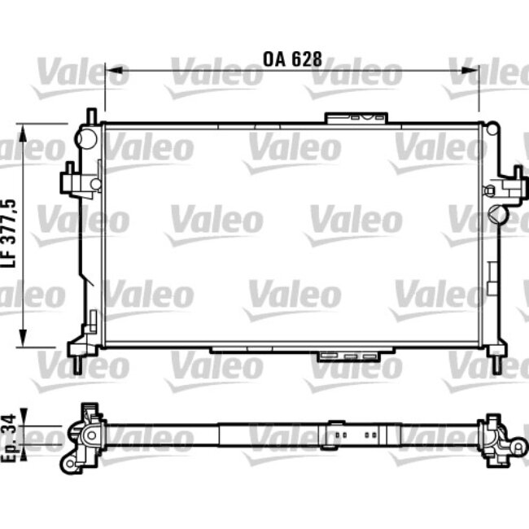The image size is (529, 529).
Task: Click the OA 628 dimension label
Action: (292, 59)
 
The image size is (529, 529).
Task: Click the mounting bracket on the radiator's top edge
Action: (356, 118)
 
